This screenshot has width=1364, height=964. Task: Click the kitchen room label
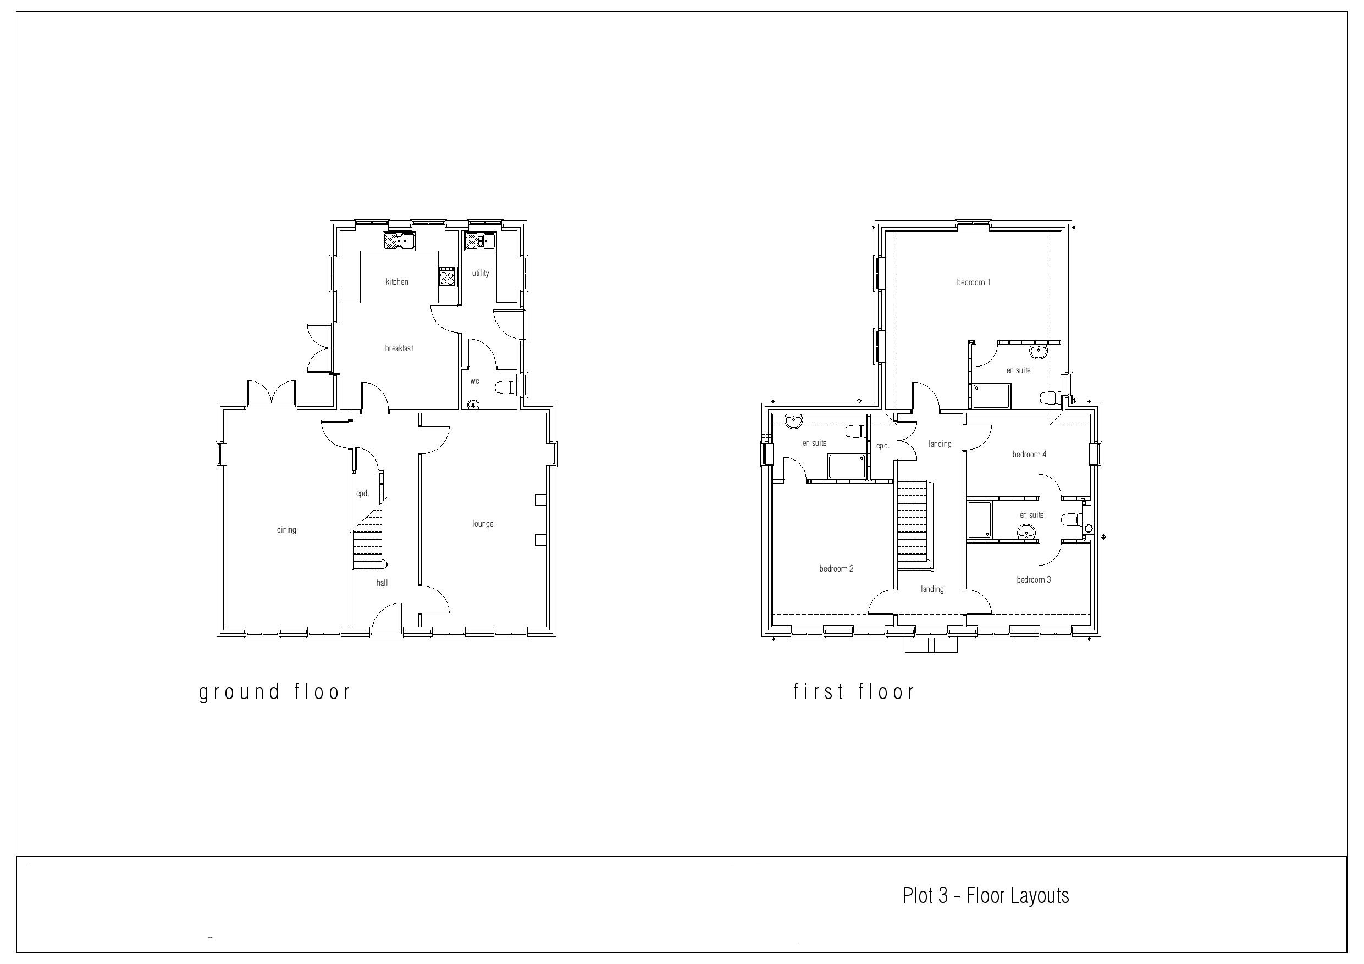click(397, 281)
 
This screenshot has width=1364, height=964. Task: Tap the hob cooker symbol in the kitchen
click(448, 277)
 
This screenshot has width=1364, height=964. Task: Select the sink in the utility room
click(480, 241)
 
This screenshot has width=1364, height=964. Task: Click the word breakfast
click(399, 348)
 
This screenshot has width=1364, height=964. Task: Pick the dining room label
click(286, 530)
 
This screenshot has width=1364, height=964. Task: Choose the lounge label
click(483, 524)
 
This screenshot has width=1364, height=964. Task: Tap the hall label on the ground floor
click(382, 583)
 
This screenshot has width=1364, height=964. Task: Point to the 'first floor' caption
click(854, 691)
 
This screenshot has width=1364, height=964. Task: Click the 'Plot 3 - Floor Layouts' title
click(986, 896)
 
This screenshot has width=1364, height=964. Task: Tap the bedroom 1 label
click(974, 282)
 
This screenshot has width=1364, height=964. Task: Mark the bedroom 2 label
click(836, 568)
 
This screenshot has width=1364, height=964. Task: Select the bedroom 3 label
click(1034, 579)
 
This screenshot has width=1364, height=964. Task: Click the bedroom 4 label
click(1030, 455)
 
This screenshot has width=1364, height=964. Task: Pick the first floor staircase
click(913, 525)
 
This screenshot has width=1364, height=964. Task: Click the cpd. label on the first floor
click(883, 446)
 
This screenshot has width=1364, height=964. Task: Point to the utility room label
click(481, 273)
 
